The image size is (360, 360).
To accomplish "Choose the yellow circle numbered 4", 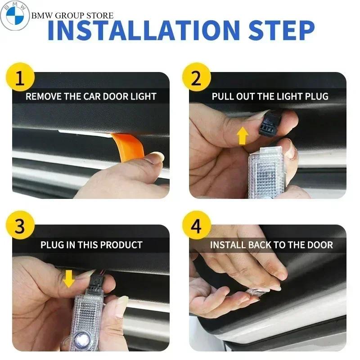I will pos(196,227).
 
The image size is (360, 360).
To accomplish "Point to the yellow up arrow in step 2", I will pos(243,135).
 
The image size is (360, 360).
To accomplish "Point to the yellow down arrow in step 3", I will pos(68,279).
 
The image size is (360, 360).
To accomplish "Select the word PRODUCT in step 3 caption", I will pos(121,245).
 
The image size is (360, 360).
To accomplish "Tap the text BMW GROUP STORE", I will pos(72,16).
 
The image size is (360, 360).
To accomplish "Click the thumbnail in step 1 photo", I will pos(155,158).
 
